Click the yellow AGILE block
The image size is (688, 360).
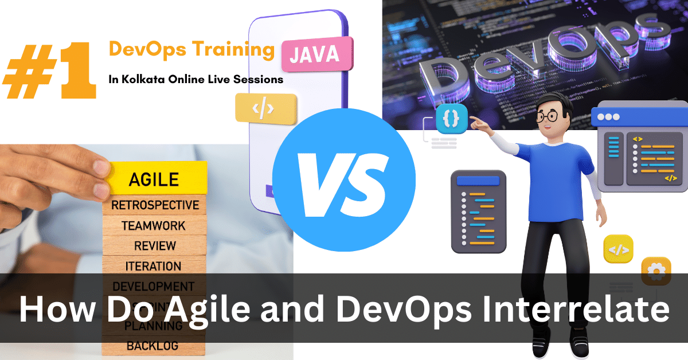click(154, 178)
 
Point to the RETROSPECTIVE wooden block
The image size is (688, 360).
click(155, 205)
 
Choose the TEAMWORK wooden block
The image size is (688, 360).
click(154, 226)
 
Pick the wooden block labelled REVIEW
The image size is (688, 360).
click(154, 246)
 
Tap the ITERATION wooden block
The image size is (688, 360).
click(153, 266)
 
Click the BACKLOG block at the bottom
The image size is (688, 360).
click(153, 346)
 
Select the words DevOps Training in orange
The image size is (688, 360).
click(191, 50)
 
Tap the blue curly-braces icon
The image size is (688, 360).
click(451, 119)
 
